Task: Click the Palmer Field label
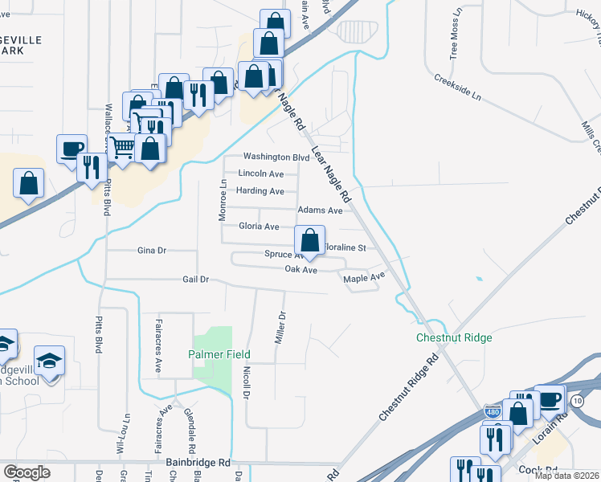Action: [x=219, y=354]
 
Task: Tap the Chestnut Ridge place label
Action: [x=454, y=338]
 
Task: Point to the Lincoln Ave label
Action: [x=261, y=174]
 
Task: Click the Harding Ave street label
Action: [x=260, y=191]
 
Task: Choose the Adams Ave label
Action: [x=320, y=210]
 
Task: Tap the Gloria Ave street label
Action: [x=259, y=227]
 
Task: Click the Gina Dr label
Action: [x=151, y=251]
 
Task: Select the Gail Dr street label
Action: [x=196, y=280]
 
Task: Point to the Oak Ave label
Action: [x=301, y=271]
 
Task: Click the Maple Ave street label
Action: [x=365, y=279]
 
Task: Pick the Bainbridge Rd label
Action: [x=198, y=464]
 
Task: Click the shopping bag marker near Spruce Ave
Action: [x=309, y=240]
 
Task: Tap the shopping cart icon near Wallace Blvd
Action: [x=121, y=147]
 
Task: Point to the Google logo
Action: [x=27, y=472]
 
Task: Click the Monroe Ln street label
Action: [x=223, y=202]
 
